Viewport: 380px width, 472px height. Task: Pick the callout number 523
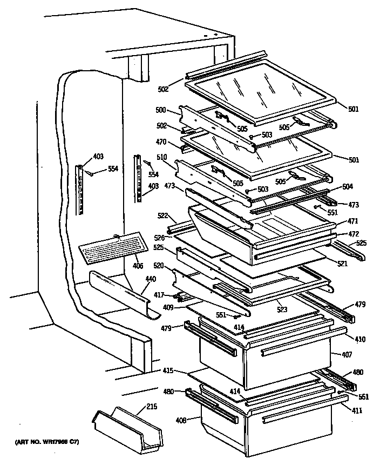282,311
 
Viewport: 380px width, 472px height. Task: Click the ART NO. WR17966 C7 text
47,443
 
